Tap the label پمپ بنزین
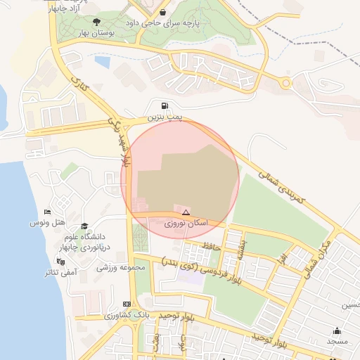(165, 117)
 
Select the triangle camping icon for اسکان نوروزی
(186, 212)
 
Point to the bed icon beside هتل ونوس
(47, 212)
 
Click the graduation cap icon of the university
(84, 226)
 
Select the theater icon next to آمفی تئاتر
(60, 262)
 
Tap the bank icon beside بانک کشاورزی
(127, 304)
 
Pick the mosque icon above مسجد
(337, 330)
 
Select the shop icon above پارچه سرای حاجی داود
(163, 12)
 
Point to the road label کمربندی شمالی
(281, 186)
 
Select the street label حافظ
(212, 245)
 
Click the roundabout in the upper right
(285, 84)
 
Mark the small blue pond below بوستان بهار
(102, 62)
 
